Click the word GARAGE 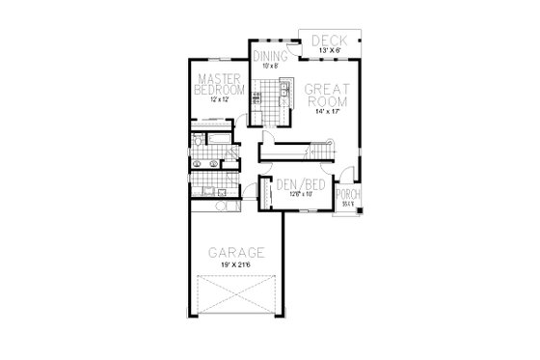(234, 252)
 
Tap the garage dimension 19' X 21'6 (234, 265)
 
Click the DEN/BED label (293, 183)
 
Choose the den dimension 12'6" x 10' (293, 193)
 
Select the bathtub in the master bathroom (220, 145)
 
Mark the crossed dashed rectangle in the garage (234, 295)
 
